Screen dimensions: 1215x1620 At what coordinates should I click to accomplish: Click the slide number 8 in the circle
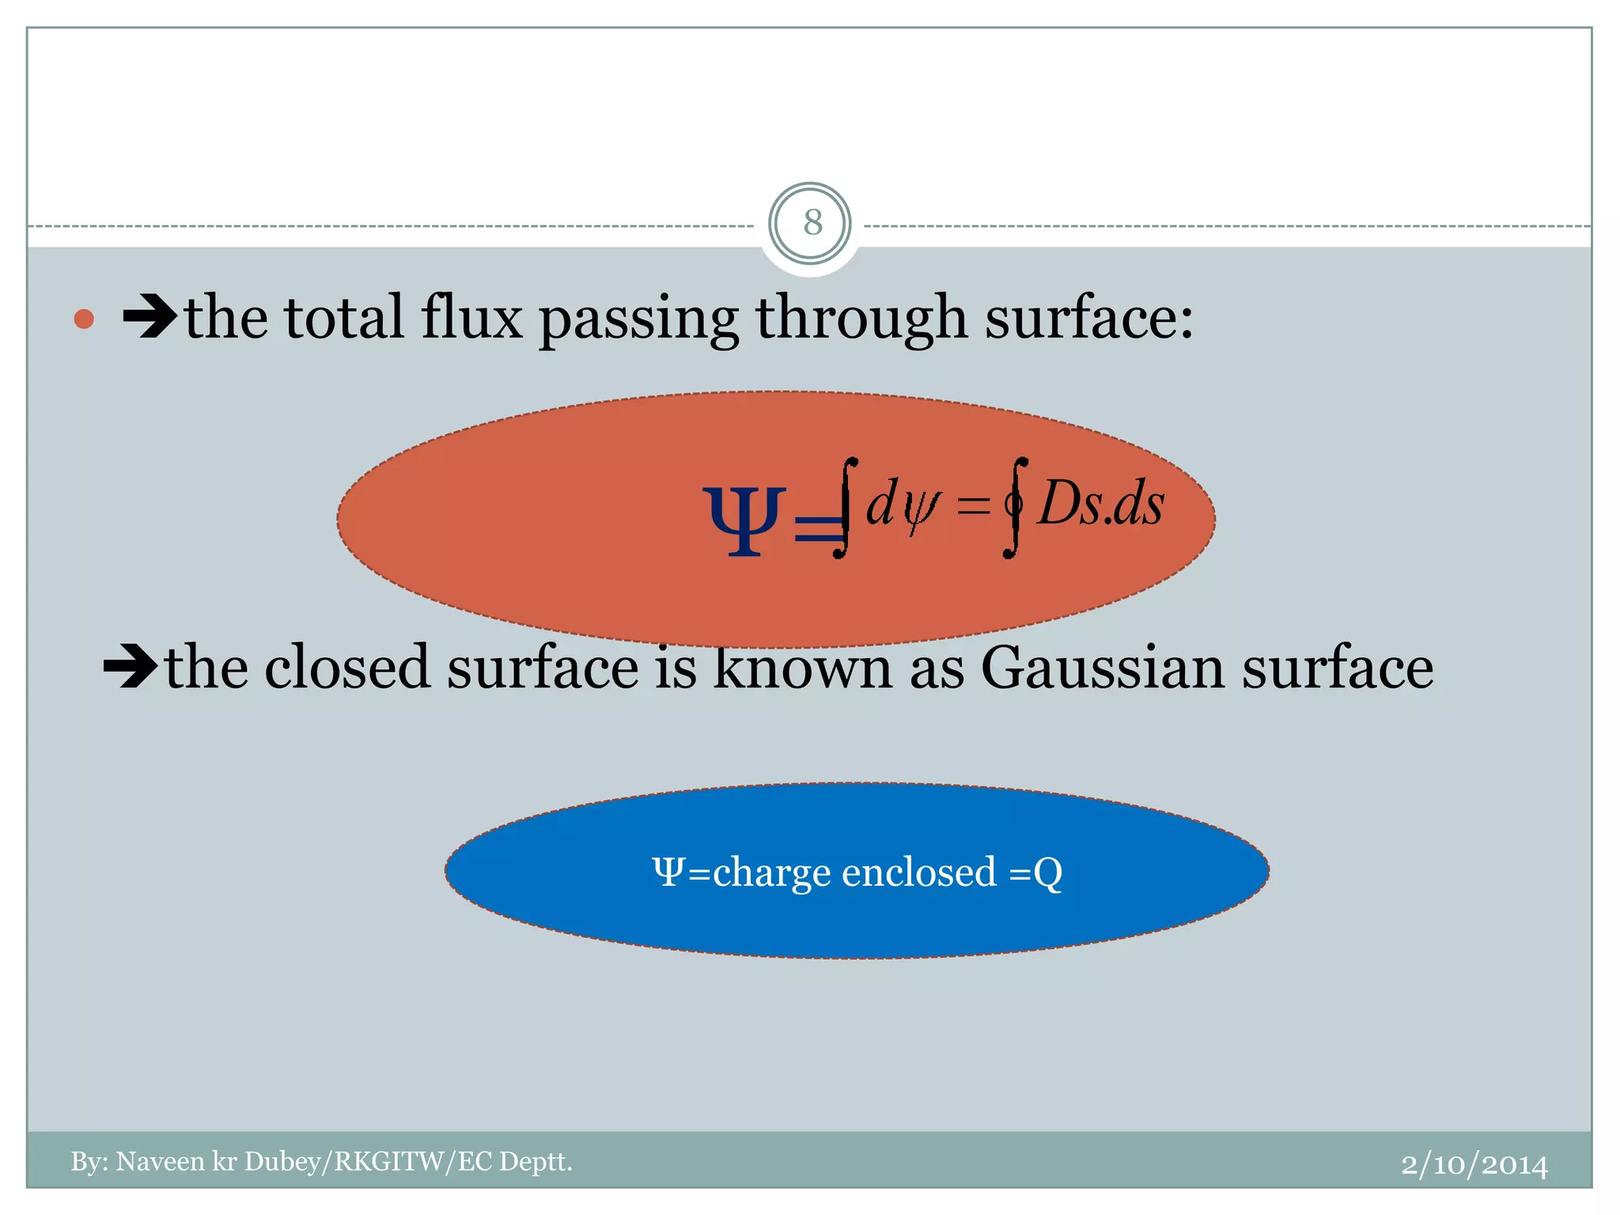(812, 223)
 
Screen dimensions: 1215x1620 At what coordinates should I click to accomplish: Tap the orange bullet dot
(84, 319)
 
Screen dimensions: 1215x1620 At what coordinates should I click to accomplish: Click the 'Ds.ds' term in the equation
(1101, 504)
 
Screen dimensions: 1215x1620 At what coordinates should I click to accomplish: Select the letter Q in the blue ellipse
(1047, 873)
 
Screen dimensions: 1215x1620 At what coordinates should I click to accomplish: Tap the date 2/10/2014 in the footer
(1474, 1164)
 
